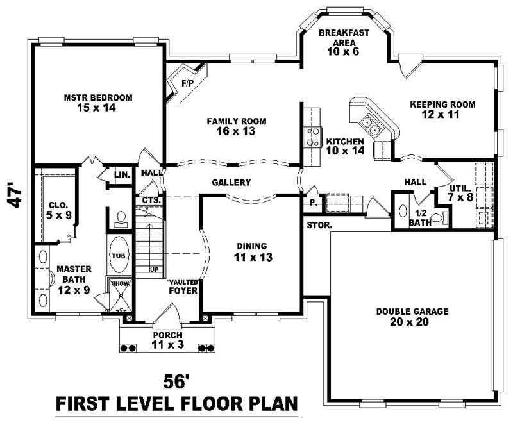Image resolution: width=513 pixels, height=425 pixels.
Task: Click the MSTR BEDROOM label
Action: (x=97, y=103)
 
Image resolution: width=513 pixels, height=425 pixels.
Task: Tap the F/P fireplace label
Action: (x=187, y=83)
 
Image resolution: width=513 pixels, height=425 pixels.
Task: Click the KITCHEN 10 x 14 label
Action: (x=345, y=146)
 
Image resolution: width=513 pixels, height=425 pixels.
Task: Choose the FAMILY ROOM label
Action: (x=236, y=126)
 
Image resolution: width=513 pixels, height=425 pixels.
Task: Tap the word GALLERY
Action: (x=231, y=183)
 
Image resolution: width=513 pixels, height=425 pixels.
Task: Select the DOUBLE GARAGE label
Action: (x=412, y=317)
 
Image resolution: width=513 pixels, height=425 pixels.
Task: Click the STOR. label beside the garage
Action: (x=319, y=226)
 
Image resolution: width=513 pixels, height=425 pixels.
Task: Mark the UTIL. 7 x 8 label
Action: (x=460, y=193)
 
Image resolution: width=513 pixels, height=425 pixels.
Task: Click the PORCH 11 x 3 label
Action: (x=167, y=339)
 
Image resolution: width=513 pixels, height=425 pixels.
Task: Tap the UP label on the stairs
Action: (x=154, y=269)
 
